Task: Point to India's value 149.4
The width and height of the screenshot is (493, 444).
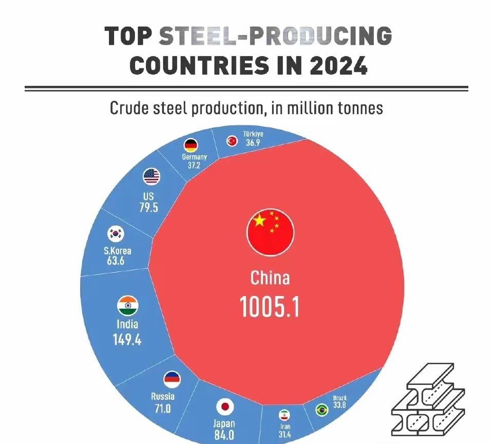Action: pos(127,339)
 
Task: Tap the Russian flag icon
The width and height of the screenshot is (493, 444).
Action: pos(172,380)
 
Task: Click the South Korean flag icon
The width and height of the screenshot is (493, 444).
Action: pos(116,234)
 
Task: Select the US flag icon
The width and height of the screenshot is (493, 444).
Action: pos(151,177)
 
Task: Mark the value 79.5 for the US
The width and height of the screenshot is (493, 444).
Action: pos(148,208)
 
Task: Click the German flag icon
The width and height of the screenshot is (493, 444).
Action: pos(191,145)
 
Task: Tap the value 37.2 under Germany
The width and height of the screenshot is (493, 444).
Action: pos(194,165)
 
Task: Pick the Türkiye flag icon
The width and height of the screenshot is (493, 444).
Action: pos(232,140)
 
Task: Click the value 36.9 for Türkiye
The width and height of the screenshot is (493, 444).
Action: pos(253,142)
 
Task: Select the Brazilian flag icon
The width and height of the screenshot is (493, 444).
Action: pos(322,410)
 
